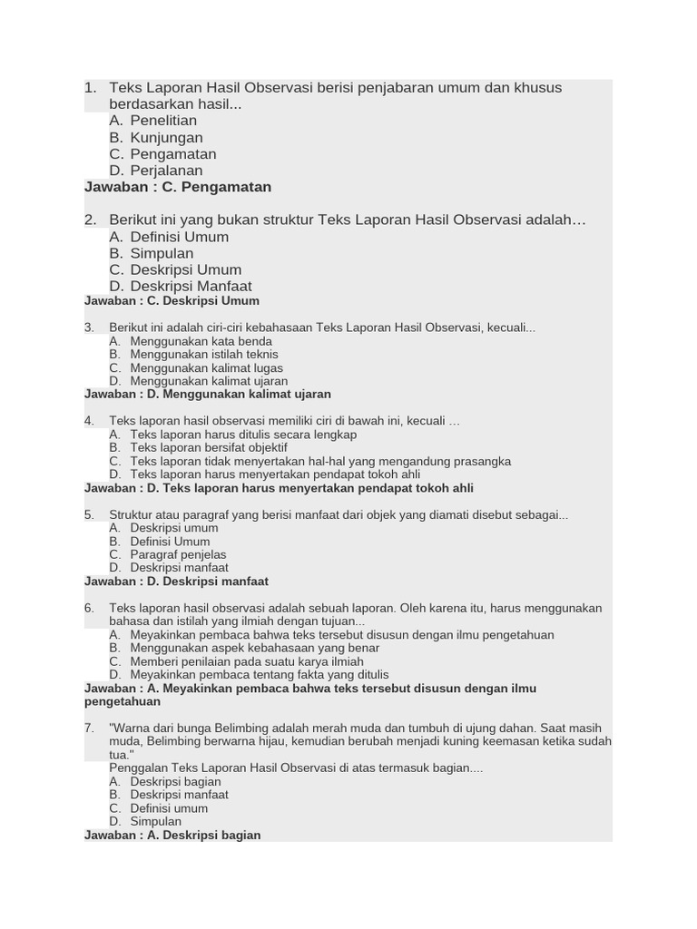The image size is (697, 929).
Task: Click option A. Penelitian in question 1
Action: (152, 121)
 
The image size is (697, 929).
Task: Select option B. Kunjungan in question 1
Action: (155, 138)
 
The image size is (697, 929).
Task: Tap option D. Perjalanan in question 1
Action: (155, 171)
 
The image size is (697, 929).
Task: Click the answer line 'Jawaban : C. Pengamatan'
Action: (178, 187)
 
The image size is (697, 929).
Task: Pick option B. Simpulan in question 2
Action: (151, 253)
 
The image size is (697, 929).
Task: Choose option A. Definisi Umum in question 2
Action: (168, 237)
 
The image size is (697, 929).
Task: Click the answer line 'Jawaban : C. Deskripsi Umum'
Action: (172, 301)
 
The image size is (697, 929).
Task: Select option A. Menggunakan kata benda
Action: (190, 341)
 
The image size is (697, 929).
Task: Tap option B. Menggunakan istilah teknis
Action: (193, 355)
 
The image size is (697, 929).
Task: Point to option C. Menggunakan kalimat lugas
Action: (196, 368)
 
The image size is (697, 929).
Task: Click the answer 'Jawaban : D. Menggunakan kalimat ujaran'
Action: (208, 395)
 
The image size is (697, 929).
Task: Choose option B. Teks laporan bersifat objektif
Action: (198, 448)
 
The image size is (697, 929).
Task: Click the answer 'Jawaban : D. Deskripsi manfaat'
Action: (176, 582)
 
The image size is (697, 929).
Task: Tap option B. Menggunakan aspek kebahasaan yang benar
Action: (243, 649)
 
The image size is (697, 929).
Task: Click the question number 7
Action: (89, 729)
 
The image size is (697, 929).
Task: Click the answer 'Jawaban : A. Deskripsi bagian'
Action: (172, 836)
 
